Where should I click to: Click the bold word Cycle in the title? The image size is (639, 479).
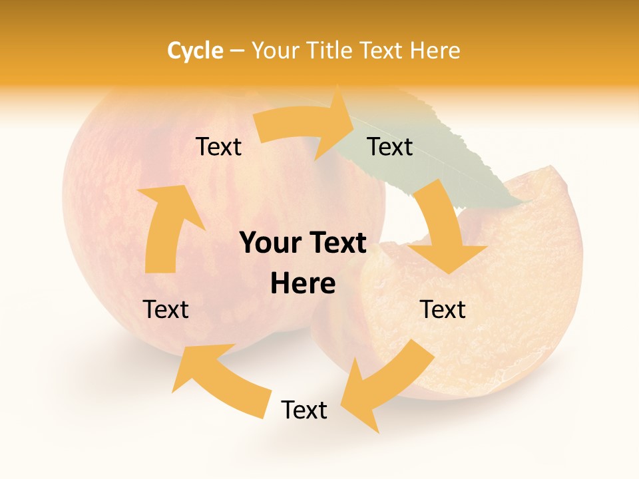click(x=195, y=51)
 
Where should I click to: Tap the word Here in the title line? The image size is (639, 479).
click(x=435, y=51)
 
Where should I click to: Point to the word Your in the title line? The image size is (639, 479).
click(x=276, y=51)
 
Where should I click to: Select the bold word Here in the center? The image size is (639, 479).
click(x=303, y=284)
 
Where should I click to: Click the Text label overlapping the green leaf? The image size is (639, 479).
click(x=390, y=146)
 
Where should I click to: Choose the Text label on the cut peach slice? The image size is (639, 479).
click(x=443, y=309)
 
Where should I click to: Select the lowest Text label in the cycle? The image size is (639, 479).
click(x=304, y=410)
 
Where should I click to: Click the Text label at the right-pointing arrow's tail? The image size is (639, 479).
click(x=218, y=146)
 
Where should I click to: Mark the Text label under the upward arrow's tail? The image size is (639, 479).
click(x=166, y=309)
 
